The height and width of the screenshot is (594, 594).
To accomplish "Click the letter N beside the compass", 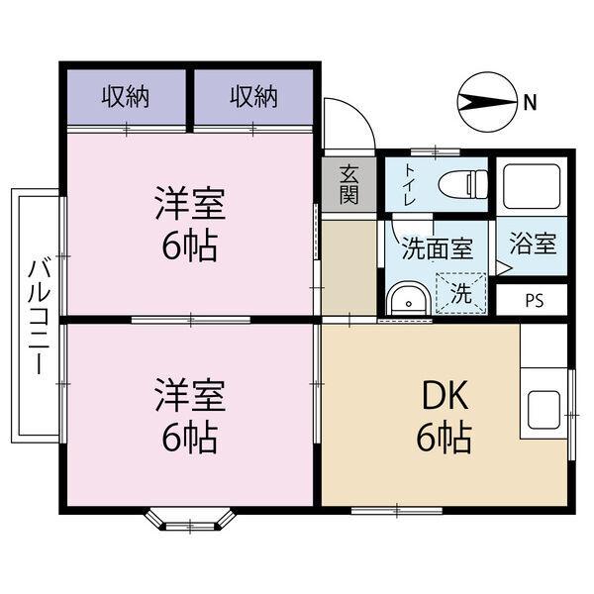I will tap(531, 100).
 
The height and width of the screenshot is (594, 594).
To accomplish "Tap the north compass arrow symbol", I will tap(484, 100).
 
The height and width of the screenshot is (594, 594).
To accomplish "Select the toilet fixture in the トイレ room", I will tap(460, 184).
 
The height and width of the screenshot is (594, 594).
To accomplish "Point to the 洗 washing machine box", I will tap(461, 292).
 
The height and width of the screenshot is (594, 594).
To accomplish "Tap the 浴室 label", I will tap(533, 245).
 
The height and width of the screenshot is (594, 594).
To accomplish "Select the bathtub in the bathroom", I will tap(532, 184).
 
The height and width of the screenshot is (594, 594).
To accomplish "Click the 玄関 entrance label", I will tap(348, 183).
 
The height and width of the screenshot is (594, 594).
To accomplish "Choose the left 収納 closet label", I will tap(126, 97).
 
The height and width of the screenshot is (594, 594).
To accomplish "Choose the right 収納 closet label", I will tap(253, 97).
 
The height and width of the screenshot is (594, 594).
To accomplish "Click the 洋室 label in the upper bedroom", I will tap(189, 204).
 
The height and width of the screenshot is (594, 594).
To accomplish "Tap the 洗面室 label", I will tap(436, 249).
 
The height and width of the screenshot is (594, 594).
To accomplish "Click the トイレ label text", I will tap(409, 184).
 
